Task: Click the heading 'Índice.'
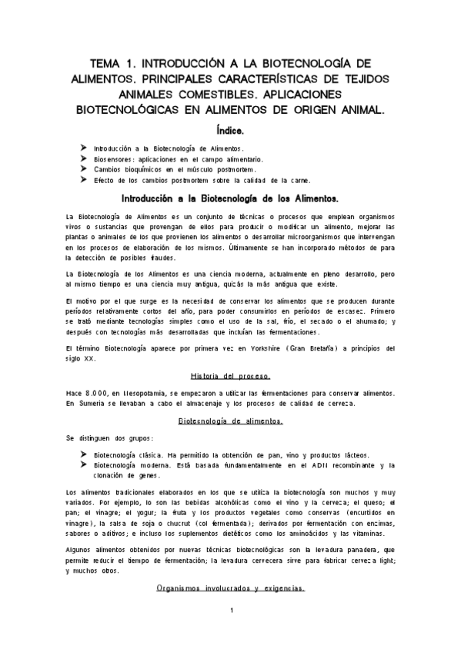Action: pyautogui.click(x=230, y=131)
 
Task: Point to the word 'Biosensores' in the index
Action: pyautogui.click(x=115, y=158)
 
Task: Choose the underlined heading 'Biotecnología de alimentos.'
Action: pyautogui.click(x=230, y=421)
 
